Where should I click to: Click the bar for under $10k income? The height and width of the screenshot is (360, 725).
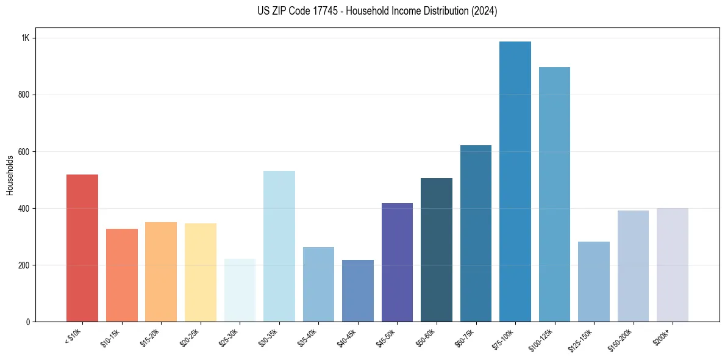point(82,248)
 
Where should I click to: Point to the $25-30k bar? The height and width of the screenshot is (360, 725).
point(240,290)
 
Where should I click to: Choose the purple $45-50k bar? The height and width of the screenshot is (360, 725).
point(397,262)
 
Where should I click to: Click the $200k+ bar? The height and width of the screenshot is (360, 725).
point(673,265)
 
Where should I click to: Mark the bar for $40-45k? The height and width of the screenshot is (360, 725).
point(358,290)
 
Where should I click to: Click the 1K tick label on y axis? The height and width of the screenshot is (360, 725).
point(26,38)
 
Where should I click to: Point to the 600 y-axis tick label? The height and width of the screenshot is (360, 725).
point(24,151)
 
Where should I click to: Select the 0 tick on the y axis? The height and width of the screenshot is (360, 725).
point(28,322)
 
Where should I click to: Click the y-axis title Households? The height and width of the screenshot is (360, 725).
point(10,175)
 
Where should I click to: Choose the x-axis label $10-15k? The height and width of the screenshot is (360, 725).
point(110,337)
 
